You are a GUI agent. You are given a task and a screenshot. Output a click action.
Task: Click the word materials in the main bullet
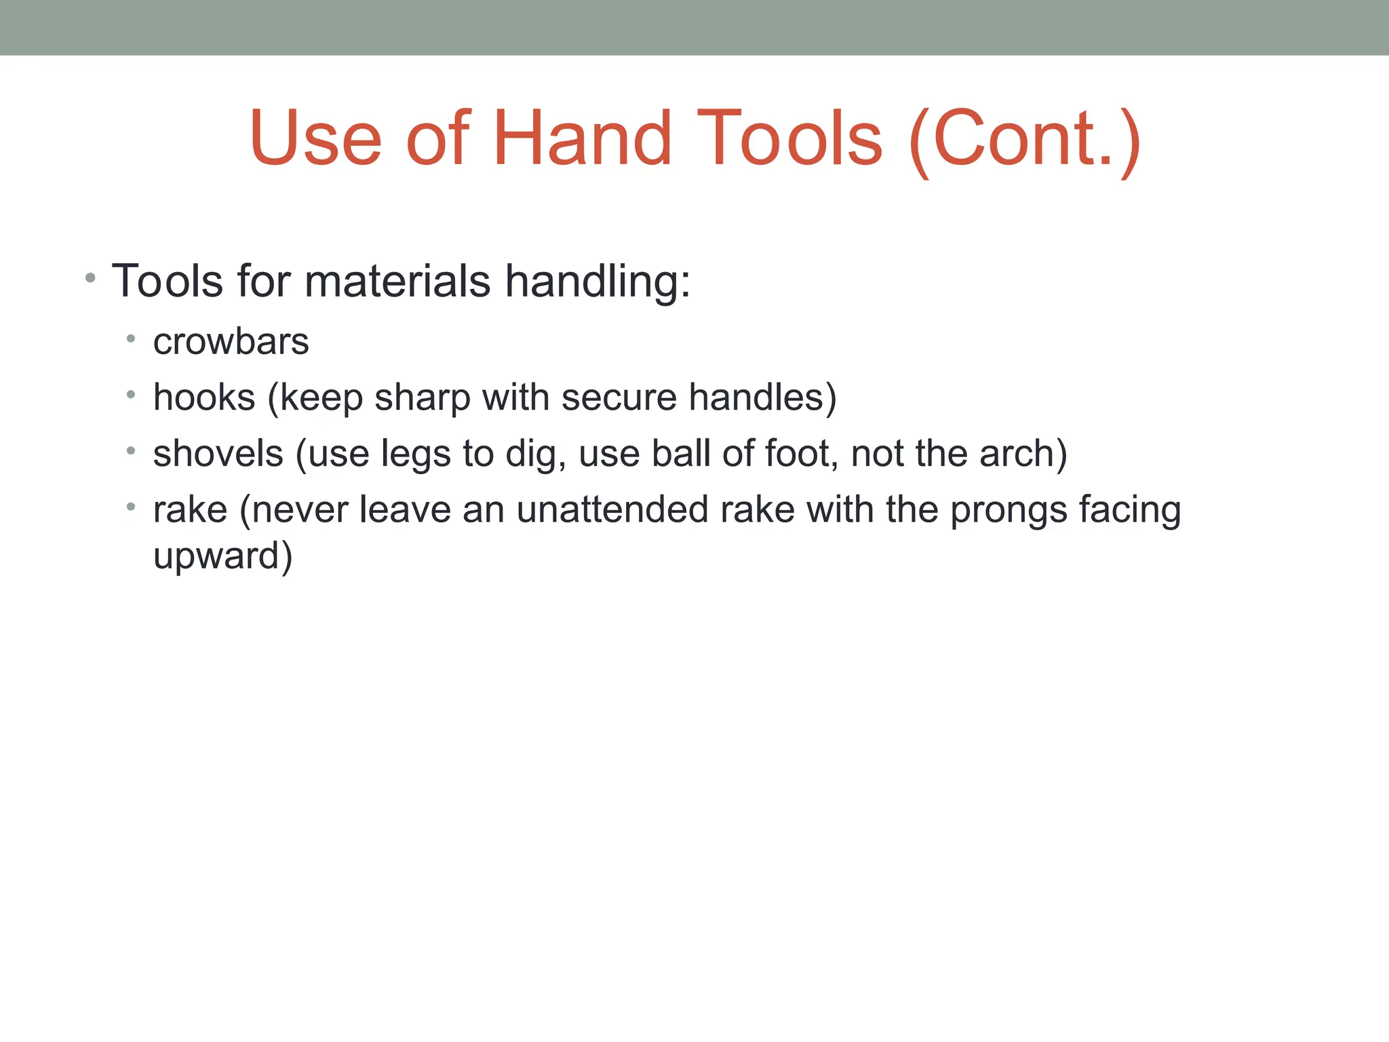(x=397, y=281)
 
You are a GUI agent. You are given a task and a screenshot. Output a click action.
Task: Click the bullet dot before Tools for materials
(x=90, y=278)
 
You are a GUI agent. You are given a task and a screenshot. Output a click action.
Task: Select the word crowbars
(x=231, y=341)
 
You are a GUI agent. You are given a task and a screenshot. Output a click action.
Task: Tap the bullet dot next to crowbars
(x=131, y=339)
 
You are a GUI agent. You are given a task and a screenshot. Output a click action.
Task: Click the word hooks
(x=204, y=398)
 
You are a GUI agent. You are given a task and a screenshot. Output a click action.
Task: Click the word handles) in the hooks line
(x=762, y=398)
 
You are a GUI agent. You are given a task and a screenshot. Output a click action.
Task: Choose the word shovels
(x=218, y=453)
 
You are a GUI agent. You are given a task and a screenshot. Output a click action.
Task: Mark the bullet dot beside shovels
(x=131, y=450)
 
